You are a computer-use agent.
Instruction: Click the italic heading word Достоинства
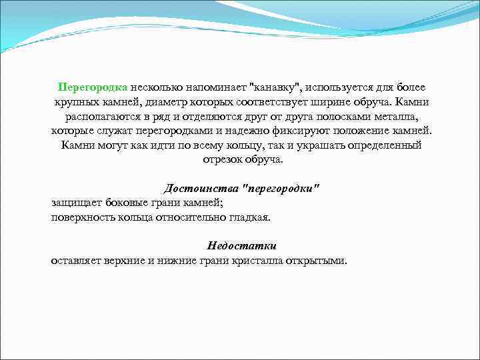[203, 189]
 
